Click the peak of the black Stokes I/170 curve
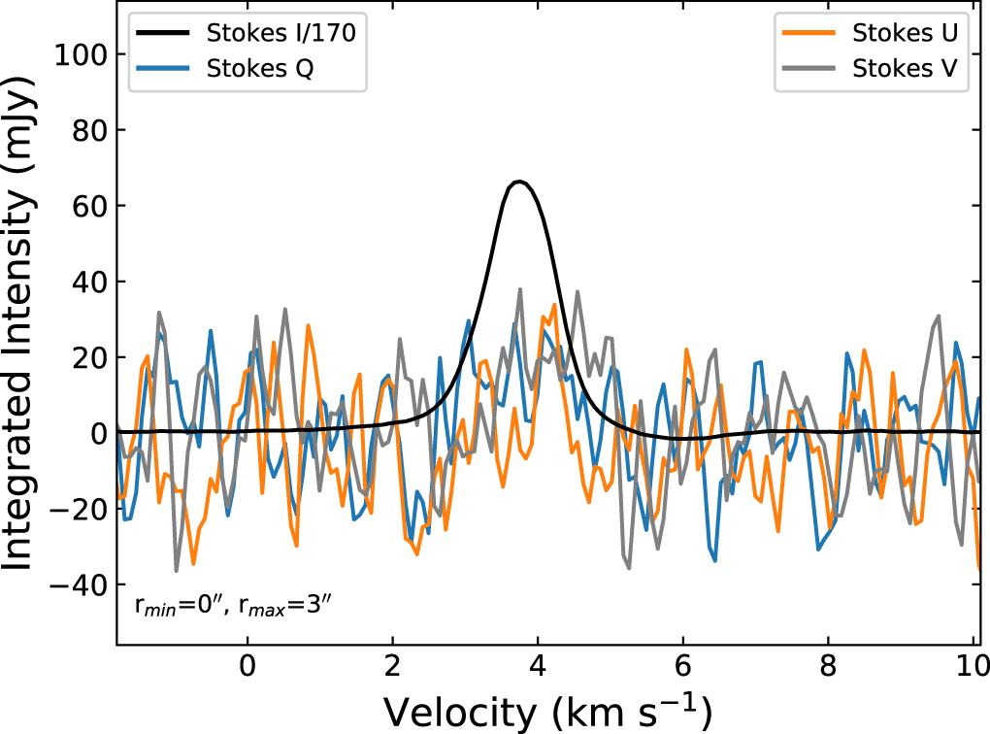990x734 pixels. click(x=519, y=182)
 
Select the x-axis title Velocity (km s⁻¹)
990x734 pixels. click(x=547, y=712)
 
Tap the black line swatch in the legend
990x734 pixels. click(x=165, y=32)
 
